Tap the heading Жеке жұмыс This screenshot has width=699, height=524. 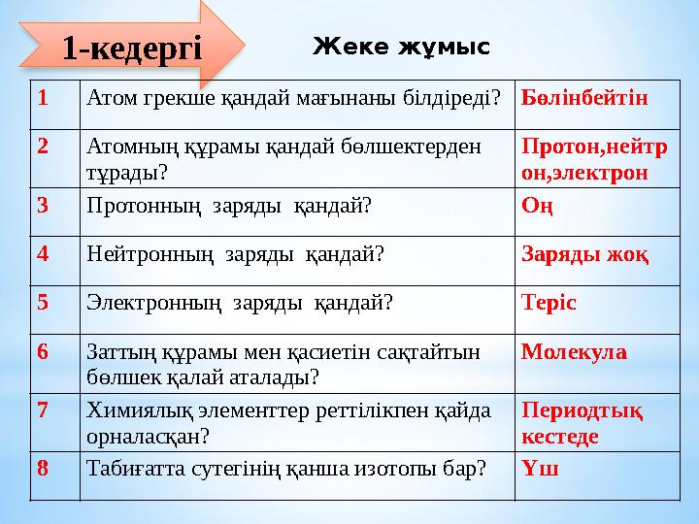click(x=401, y=46)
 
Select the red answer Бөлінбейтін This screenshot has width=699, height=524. click(x=584, y=98)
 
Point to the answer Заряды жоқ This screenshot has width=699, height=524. click(x=585, y=254)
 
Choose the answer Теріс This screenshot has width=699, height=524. click(x=549, y=302)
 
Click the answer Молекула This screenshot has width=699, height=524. click(x=574, y=350)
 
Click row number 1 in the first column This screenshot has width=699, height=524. click(x=43, y=98)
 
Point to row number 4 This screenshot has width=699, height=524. click(x=44, y=254)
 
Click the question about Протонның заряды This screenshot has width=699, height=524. click(x=229, y=206)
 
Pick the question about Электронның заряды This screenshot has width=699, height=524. click(x=240, y=302)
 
